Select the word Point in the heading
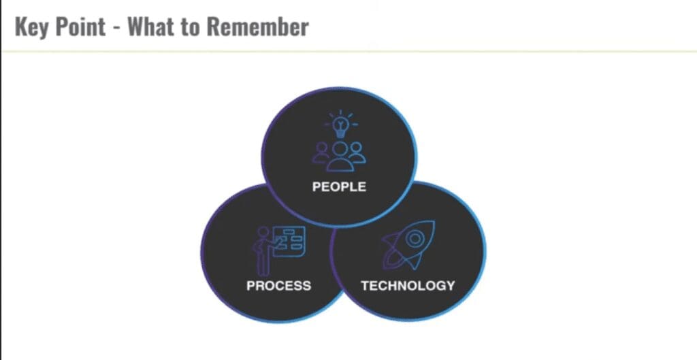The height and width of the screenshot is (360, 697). tap(80, 27)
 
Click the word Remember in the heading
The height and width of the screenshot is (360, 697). tap(257, 27)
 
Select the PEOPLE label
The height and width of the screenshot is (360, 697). tap(339, 186)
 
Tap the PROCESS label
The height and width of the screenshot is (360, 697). tap(278, 285)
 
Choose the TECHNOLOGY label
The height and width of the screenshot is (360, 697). tap(408, 285)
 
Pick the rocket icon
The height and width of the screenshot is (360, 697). tap(408, 245)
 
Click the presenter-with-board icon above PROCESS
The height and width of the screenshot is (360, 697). tap(278, 250)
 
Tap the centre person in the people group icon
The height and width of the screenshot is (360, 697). tap(340, 157)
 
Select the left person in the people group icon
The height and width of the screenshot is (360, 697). tap(321, 153)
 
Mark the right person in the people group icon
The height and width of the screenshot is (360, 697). tap(357, 153)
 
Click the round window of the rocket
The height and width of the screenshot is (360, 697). tap(415, 239)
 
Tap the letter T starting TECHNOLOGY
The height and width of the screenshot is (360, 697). tap(366, 285)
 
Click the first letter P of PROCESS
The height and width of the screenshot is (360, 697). tap(251, 285)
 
